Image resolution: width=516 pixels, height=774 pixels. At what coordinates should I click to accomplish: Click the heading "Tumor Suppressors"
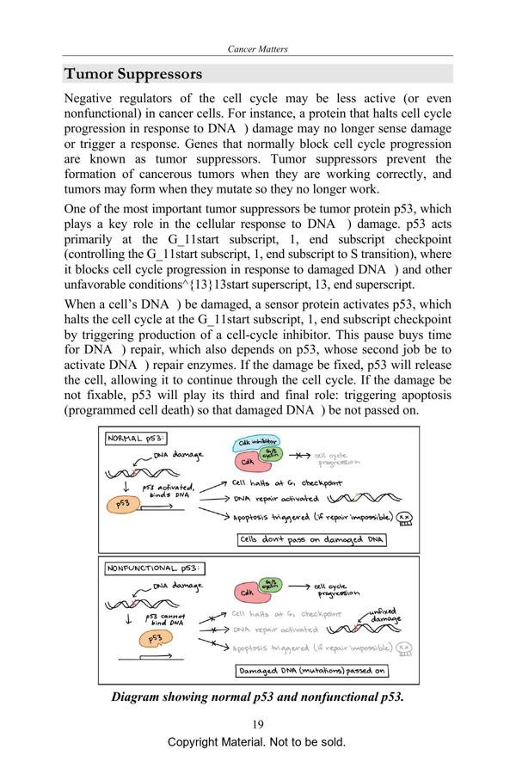(x=133, y=74)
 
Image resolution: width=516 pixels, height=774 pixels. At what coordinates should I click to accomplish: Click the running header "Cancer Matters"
(x=257, y=49)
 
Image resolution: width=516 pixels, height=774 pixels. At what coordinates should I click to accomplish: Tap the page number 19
(x=258, y=723)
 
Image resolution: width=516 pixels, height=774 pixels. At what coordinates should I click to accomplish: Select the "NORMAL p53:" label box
(x=137, y=438)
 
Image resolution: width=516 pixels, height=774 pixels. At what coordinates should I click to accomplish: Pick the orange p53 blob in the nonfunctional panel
(x=155, y=638)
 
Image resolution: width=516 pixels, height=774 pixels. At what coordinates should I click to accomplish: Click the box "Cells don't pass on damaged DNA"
(x=311, y=540)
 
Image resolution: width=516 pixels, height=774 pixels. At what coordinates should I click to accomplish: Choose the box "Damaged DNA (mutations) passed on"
(x=311, y=671)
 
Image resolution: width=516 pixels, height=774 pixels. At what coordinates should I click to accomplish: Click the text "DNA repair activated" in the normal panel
(x=275, y=499)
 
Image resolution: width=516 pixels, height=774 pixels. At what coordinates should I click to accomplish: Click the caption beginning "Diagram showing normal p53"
(x=257, y=697)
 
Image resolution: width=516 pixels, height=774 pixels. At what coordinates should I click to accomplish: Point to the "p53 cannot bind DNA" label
(x=163, y=619)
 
